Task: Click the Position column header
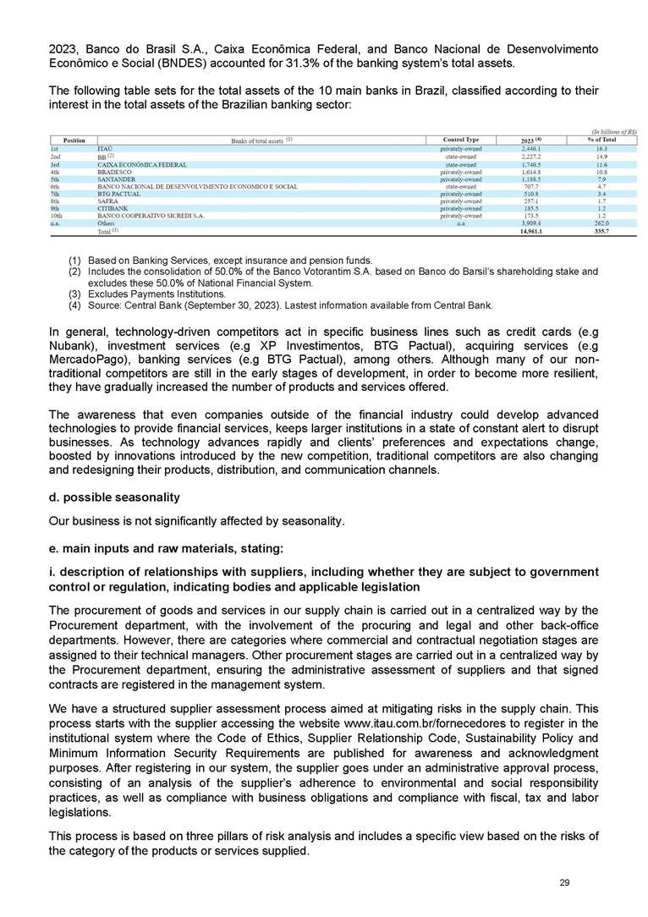[74, 140]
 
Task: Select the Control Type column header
[461, 140]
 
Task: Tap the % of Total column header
[601, 140]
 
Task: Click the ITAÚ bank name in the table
[106, 148]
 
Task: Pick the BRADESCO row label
[114, 172]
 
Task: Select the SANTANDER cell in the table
[116, 179]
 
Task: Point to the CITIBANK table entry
[113, 208]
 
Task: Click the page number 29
[564, 883]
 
